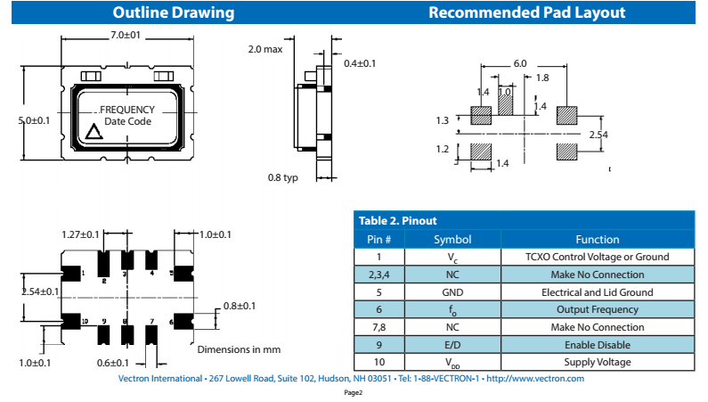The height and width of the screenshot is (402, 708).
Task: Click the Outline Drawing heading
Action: (x=174, y=12)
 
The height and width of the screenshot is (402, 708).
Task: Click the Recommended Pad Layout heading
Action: (x=526, y=12)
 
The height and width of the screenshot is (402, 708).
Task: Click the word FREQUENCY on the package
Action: (x=127, y=110)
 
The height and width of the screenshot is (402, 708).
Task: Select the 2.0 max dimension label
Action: (x=264, y=50)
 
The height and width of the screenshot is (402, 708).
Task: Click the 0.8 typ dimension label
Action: (x=283, y=177)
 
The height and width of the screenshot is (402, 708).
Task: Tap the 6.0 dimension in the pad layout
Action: (x=519, y=63)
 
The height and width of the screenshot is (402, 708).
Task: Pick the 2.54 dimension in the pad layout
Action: (x=598, y=134)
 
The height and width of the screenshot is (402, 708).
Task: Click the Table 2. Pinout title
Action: (x=397, y=220)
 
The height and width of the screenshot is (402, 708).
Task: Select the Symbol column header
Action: (x=452, y=239)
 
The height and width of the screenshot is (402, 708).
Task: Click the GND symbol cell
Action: (x=452, y=291)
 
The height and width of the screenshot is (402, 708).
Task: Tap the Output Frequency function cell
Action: (x=597, y=309)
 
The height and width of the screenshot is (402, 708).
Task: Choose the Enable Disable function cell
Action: (x=597, y=344)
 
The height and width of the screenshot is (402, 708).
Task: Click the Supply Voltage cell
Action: (x=597, y=362)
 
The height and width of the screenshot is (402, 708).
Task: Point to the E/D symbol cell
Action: (x=452, y=344)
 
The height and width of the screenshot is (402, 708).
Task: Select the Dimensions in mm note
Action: (x=239, y=349)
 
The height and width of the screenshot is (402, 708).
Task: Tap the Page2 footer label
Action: (x=354, y=392)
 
